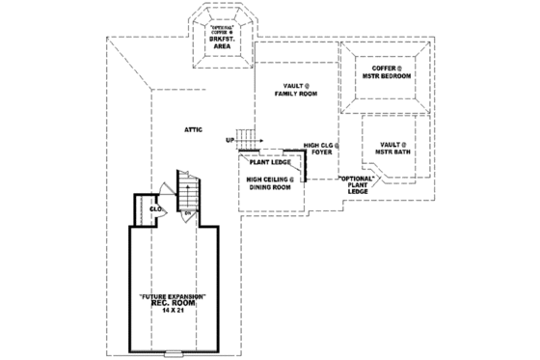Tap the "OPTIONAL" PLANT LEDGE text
(x=358, y=185)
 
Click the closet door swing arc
(x=165, y=214)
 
